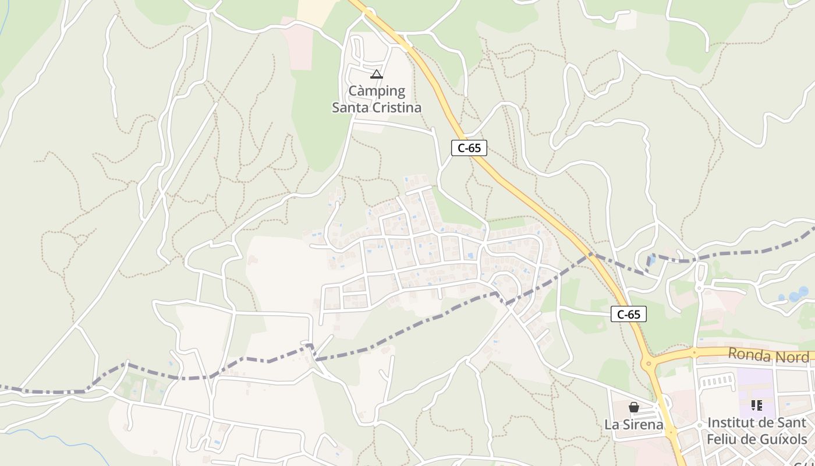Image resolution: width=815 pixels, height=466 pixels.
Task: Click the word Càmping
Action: (x=377, y=91)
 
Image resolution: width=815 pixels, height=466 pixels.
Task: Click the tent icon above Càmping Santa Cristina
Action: (x=377, y=74)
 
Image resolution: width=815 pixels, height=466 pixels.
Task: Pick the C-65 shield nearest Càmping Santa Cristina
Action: (x=469, y=148)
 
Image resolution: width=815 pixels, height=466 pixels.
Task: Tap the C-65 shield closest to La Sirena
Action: (x=629, y=315)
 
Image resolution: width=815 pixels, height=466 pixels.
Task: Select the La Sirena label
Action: (x=634, y=425)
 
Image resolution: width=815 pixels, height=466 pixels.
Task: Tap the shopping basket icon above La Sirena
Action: (x=634, y=407)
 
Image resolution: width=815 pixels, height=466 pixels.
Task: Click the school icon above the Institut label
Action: (x=757, y=405)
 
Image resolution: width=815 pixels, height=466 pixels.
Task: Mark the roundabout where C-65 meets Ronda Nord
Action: (x=649, y=364)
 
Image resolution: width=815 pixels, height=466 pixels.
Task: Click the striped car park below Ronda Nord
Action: (x=716, y=382)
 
